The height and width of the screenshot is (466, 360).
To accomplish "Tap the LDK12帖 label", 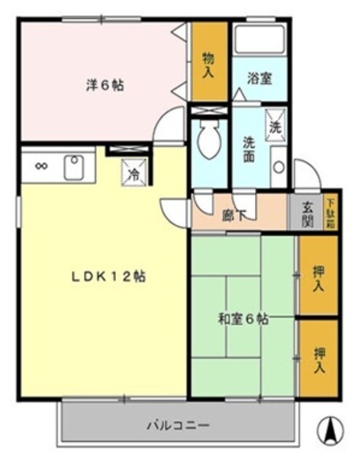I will [x=109, y=277].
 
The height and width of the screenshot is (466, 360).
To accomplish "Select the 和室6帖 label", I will [x=243, y=318].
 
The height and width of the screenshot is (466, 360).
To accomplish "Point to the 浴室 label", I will [x=260, y=78].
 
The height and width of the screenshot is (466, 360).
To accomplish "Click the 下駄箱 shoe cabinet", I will [x=330, y=213].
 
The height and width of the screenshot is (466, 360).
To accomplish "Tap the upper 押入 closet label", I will [x=318, y=277].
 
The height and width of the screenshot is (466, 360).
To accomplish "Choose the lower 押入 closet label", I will [x=318, y=359].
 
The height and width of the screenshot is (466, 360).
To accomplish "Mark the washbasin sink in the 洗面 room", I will [x=278, y=166].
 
